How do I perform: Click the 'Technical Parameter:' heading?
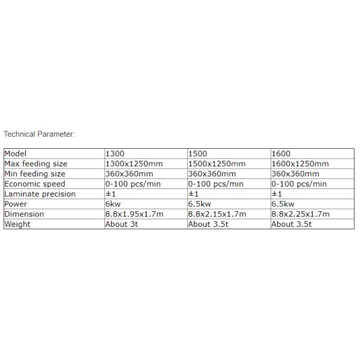39,134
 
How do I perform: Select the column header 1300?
115,154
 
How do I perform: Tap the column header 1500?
198,154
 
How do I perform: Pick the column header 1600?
281,154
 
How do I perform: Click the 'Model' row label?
16,154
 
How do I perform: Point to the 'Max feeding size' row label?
35,164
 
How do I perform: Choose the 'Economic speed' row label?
34,184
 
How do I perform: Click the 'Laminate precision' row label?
40,194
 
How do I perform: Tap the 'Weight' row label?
17,224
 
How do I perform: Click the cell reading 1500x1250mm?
217,164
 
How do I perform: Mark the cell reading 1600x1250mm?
300,164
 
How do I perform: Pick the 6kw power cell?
113,204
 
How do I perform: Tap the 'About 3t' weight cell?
124,224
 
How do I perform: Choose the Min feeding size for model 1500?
212,174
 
